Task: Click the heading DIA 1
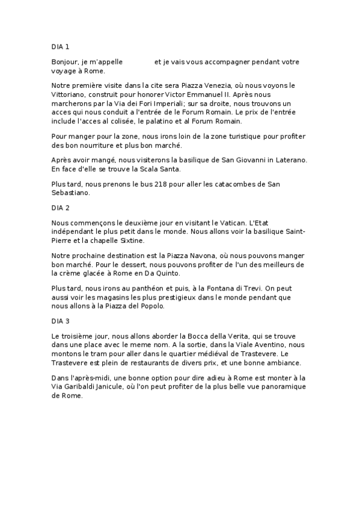coord(61,45)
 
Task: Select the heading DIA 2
coord(61,207)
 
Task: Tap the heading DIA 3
coord(61,321)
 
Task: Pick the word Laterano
coord(288,160)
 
